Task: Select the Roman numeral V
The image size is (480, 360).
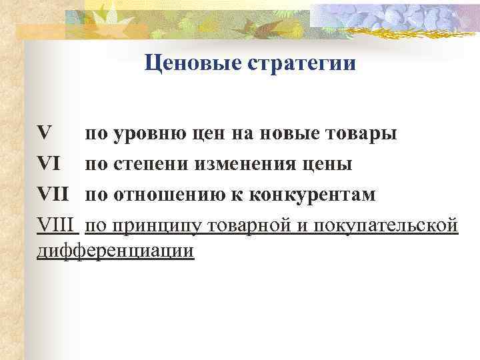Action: click(45, 133)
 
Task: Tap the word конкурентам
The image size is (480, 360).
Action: click(313, 195)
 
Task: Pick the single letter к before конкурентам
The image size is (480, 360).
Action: click(242, 195)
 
